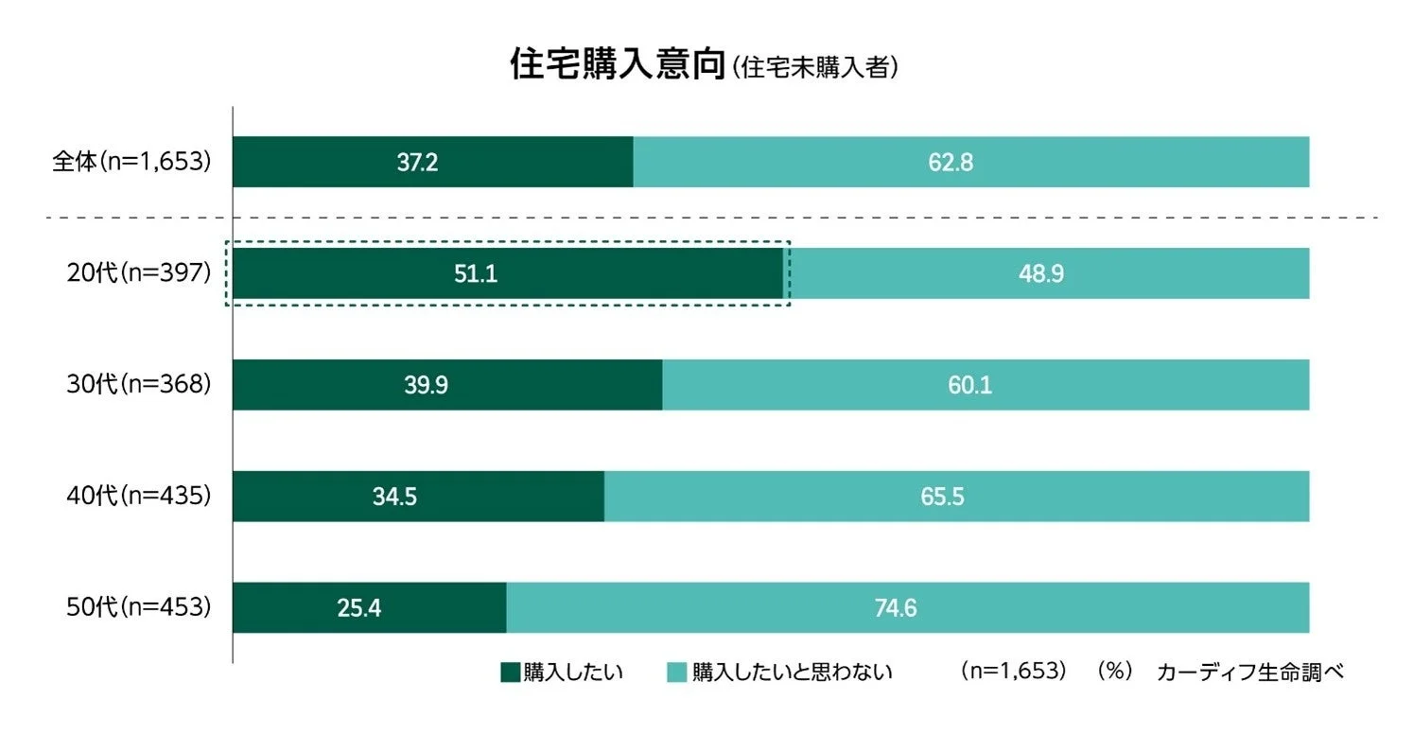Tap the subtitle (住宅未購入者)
[812, 69]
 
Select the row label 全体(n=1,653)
[130, 162]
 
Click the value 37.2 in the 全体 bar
[417, 163]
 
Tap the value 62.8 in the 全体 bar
[951, 163]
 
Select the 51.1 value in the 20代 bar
[476, 274]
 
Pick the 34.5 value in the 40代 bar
[395, 497]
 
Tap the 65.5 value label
[942, 497]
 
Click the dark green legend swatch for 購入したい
[510, 673]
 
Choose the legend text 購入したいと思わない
[793, 673]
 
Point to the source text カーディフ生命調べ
[1249, 673]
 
